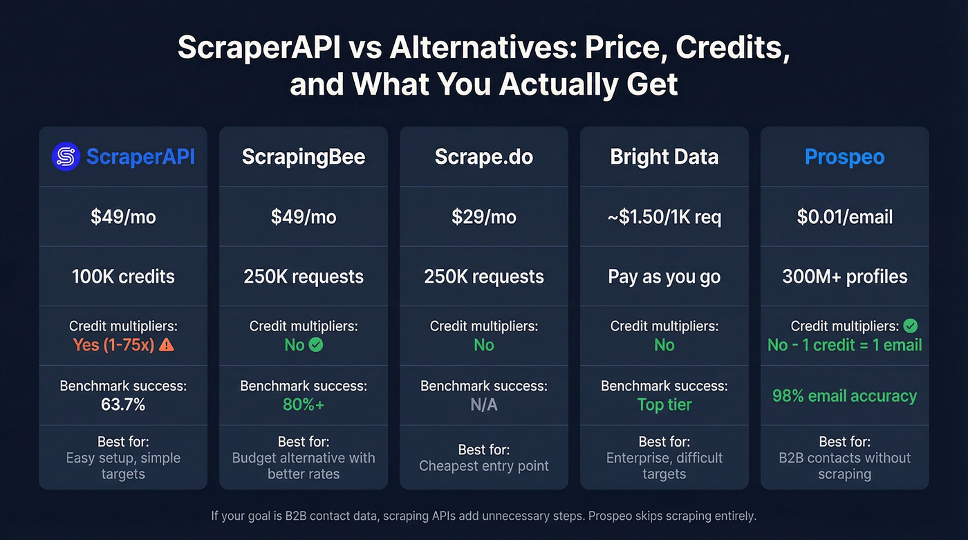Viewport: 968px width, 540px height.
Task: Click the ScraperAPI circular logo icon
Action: coord(66,156)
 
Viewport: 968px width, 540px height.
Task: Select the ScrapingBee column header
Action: coord(304,157)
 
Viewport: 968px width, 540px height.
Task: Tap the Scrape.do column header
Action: coord(484,157)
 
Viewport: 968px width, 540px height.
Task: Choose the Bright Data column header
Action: coord(664,157)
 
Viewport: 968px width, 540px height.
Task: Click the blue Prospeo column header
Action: coord(844,157)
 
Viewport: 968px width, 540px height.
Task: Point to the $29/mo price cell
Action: coord(484,217)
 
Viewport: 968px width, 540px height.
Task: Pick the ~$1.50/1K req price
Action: coord(664,217)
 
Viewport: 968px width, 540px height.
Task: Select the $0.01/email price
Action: coord(844,217)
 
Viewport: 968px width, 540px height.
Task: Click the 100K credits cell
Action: coord(123,277)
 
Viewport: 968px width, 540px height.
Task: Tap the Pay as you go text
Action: coord(664,277)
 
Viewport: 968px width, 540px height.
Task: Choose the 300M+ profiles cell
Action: coord(844,277)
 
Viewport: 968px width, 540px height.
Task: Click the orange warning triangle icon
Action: coord(167,344)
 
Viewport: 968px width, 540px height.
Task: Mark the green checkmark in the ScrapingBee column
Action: coord(316,344)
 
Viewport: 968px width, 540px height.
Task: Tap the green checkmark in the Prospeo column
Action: coord(911,326)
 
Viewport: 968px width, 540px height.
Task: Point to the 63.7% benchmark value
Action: coord(123,404)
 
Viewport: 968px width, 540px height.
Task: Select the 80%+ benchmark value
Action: coord(304,404)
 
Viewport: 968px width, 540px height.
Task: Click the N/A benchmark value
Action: coord(484,404)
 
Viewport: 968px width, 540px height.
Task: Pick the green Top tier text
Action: coord(664,404)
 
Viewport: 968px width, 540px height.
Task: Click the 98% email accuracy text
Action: coord(844,396)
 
